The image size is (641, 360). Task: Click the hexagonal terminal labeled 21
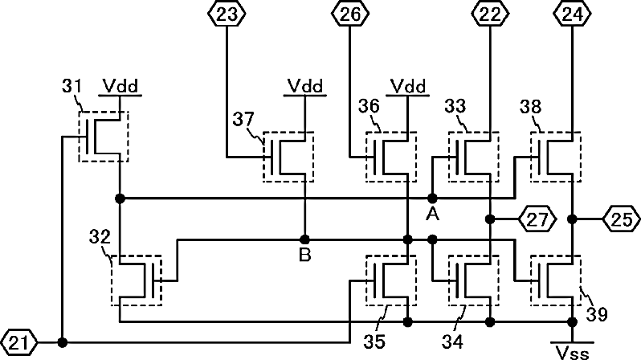click(x=18, y=343)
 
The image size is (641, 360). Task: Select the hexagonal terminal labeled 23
click(x=226, y=14)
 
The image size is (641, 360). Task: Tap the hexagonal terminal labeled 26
click(x=349, y=14)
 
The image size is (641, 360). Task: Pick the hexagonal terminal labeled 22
click(x=490, y=14)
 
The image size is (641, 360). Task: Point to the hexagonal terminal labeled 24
click(x=572, y=14)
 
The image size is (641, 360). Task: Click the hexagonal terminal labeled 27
click(x=537, y=219)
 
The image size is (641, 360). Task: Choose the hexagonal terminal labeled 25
click(x=622, y=219)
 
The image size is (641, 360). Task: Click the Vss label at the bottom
click(x=572, y=352)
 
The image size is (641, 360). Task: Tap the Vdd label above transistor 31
click(x=120, y=86)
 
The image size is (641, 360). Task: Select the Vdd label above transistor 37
click(x=305, y=86)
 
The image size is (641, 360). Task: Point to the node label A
click(x=432, y=214)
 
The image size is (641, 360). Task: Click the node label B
click(x=305, y=255)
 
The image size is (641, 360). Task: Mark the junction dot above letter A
click(x=432, y=198)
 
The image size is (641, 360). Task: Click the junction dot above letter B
click(x=304, y=239)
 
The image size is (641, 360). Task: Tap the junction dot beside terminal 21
click(x=63, y=342)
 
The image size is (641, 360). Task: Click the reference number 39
click(x=598, y=314)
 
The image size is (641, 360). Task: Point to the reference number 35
click(x=374, y=342)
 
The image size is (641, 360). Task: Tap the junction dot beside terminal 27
click(x=490, y=219)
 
